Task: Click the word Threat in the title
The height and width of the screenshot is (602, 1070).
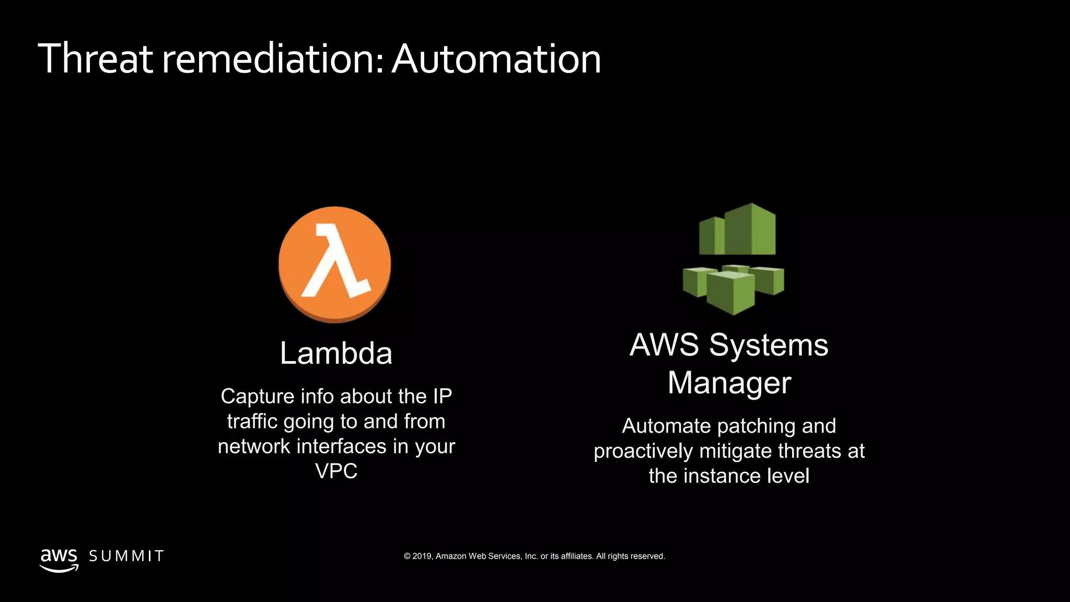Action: click(x=95, y=59)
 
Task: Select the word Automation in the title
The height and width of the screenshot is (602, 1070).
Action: click(x=496, y=59)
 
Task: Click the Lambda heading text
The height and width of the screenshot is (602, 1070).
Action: click(x=336, y=353)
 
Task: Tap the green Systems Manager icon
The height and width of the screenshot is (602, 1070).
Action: click(x=734, y=259)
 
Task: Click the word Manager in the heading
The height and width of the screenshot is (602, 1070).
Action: click(x=729, y=383)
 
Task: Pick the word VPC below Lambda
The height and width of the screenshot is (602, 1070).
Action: click(x=336, y=471)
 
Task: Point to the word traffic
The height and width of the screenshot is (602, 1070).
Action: click(x=252, y=422)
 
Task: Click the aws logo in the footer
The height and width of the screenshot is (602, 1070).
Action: click(x=59, y=559)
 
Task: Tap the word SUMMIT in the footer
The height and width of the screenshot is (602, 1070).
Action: click(x=126, y=556)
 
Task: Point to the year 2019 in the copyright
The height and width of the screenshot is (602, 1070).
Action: click(x=422, y=557)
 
